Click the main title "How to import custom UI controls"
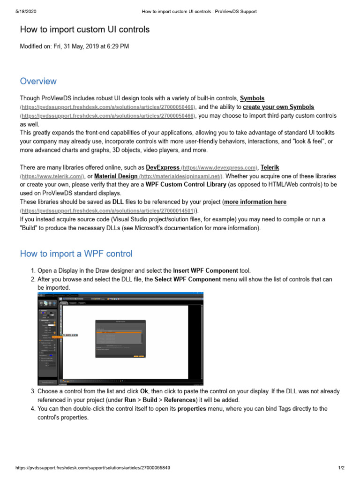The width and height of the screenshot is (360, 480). [85, 30]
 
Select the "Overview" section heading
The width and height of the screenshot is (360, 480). [38, 81]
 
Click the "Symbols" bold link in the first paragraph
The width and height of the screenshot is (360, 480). [252, 98]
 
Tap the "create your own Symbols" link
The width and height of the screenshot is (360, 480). [278, 107]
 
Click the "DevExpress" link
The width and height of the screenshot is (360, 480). [163, 167]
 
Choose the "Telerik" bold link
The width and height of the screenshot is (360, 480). [270, 167]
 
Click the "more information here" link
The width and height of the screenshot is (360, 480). [255, 202]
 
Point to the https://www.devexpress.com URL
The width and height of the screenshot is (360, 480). [219, 167]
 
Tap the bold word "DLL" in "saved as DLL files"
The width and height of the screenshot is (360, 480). [118, 202]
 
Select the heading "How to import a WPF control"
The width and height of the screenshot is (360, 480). [76, 254]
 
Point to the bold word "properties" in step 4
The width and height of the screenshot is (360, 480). [192, 409]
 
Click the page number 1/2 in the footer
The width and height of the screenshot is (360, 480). [341, 468]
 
